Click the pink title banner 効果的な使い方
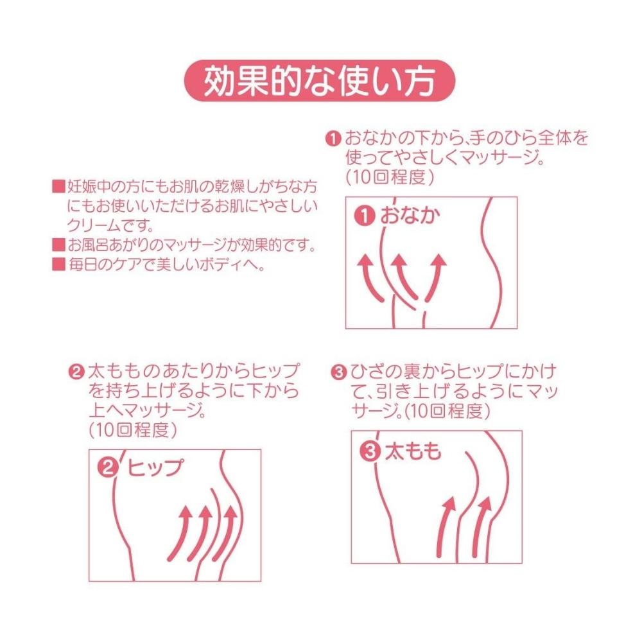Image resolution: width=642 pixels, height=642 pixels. [x=319, y=81]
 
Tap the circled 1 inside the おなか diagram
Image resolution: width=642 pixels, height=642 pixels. [x=365, y=216]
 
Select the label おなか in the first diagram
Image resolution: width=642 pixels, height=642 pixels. [x=410, y=215]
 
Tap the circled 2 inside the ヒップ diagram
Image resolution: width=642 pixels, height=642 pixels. [x=108, y=467]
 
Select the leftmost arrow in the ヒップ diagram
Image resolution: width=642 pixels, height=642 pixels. [x=180, y=532]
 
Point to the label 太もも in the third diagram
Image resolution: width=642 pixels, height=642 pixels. [x=413, y=451]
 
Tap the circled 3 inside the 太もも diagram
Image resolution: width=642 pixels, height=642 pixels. [x=370, y=451]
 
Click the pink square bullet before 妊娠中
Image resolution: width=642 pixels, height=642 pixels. [x=59, y=187]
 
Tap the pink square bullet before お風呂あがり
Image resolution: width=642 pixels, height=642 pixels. [x=59, y=245]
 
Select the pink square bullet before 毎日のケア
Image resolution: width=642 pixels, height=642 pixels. [x=59, y=265]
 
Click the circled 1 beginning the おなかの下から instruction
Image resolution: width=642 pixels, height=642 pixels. [x=333, y=139]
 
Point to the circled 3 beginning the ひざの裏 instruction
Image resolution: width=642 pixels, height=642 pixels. [x=338, y=372]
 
